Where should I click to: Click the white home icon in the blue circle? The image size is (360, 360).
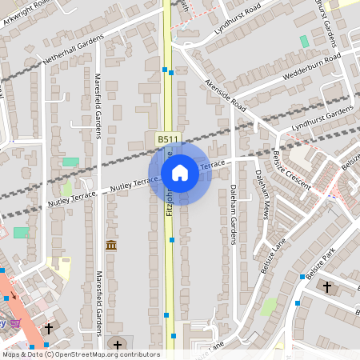point(180,173)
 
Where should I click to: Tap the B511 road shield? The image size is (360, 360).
point(166,139)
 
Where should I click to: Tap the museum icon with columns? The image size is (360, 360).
point(111,245)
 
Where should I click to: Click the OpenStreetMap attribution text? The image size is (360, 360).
point(81,354)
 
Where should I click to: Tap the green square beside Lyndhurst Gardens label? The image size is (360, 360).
point(304,41)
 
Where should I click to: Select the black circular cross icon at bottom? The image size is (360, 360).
point(118,344)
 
